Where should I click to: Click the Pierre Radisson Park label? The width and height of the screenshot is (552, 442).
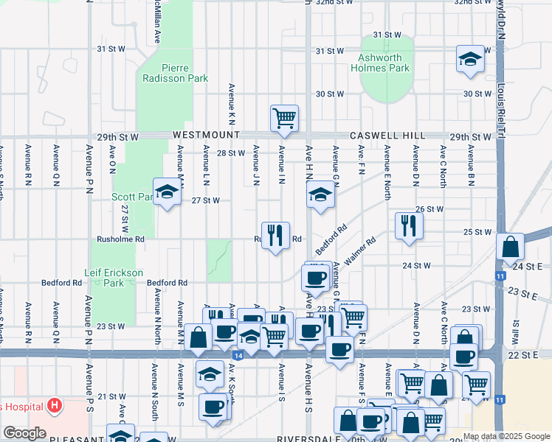tap(175, 72)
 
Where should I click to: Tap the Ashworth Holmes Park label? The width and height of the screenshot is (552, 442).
tap(384, 63)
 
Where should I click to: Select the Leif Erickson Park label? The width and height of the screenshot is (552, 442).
tap(114, 278)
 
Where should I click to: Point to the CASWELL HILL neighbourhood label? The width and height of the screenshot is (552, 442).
tap(387, 136)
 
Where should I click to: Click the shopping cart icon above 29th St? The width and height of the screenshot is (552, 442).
tap(284, 118)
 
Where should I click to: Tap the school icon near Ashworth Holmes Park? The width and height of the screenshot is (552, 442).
tap(469, 60)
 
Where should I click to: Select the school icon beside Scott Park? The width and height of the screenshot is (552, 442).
tap(168, 192)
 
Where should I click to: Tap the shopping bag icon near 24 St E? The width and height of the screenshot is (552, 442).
tap(510, 248)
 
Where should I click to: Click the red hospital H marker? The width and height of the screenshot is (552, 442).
tap(53, 404)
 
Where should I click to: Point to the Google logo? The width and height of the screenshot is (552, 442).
tap(24, 433)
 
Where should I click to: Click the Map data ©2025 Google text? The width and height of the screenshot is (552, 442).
tap(506, 436)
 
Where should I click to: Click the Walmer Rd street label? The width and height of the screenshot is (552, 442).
tap(359, 250)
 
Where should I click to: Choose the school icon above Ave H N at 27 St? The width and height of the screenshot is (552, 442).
tap(320, 195)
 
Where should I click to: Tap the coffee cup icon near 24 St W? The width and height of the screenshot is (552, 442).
tap(316, 278)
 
